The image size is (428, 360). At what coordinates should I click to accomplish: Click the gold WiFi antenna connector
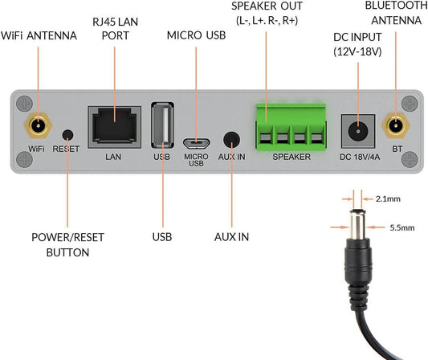pos(39,126)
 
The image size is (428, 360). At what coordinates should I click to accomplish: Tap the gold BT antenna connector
pos(396,126)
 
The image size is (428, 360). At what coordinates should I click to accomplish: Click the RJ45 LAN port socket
pos(114,127)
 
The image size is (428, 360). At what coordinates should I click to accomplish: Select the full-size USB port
pos(162,125)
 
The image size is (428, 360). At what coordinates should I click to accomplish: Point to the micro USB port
pos(196,143)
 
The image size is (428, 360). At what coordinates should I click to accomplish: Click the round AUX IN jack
pos(231,140)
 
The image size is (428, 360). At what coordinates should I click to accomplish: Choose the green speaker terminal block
pos(291,127)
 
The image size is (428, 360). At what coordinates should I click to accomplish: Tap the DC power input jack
pos(358,131)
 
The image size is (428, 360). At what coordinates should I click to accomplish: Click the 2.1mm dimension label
pos(388,198)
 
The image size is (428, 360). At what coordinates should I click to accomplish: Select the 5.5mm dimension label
pos(402,227)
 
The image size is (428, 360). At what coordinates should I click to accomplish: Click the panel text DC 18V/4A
pos(360,157)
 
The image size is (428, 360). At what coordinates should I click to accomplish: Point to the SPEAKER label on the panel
pos(291,157)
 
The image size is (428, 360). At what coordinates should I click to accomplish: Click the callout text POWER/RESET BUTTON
pos(67,245)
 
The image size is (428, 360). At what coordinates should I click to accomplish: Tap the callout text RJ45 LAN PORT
pos(115,29)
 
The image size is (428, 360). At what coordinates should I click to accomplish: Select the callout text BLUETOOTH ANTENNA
pos(397,13)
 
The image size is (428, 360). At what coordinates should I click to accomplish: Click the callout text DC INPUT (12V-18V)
pos(357,44)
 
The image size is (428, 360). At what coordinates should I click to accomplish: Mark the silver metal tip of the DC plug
pos(357,223)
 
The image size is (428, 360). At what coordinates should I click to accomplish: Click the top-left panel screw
pos(24,104)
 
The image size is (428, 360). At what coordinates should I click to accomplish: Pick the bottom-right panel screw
pos(410,159)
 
